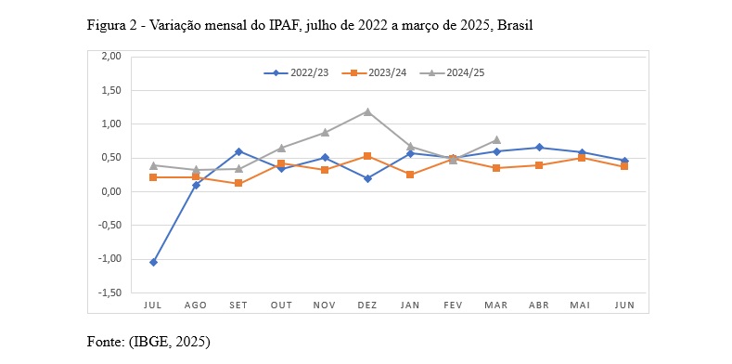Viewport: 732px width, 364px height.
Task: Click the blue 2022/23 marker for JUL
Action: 153,262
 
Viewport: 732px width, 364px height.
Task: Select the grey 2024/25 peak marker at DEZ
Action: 367,111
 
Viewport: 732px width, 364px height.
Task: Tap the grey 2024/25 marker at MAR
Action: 496,140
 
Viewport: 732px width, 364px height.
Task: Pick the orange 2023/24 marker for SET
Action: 238,183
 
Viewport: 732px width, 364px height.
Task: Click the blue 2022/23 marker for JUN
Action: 624,161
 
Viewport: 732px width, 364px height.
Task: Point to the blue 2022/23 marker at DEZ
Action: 367,178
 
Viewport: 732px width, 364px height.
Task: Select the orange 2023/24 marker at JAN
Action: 410,175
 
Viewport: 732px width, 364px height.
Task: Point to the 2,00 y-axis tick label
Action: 109,57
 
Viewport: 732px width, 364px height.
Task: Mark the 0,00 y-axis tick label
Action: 109,191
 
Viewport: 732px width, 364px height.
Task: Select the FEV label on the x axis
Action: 453,305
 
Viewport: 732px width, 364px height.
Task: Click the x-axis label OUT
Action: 281,305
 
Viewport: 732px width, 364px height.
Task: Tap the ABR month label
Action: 539,305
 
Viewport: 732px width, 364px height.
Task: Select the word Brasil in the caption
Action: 514,25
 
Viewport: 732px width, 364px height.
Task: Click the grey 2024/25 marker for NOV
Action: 325,133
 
